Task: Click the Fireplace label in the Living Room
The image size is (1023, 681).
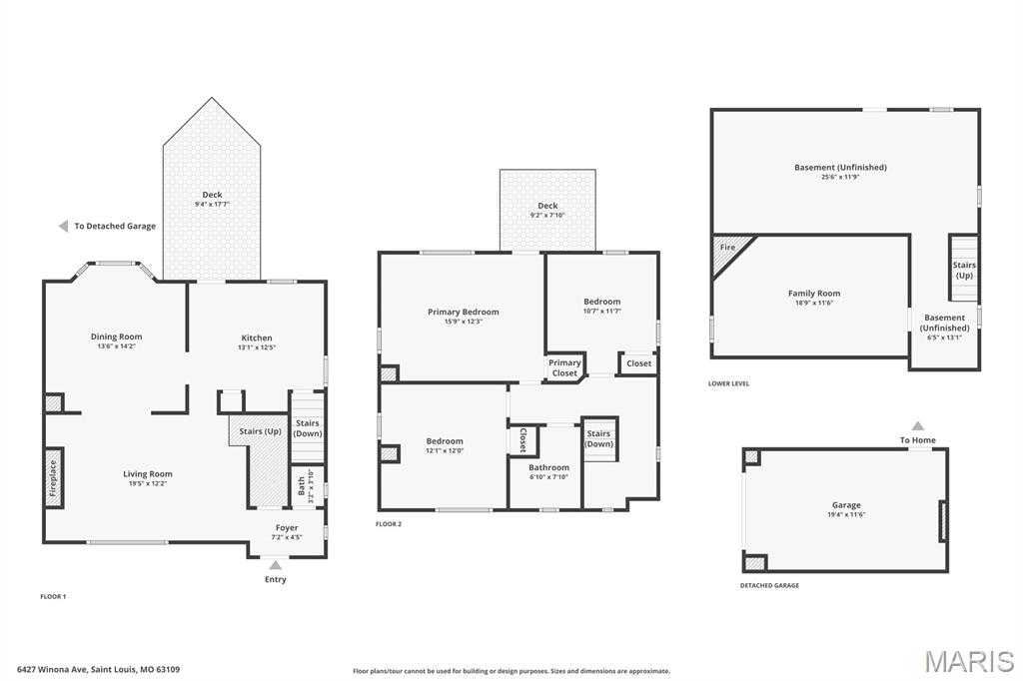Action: (x=54, y=478)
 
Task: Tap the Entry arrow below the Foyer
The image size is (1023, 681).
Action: (x=276, y=565)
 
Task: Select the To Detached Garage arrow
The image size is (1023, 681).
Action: (x=63, y=226)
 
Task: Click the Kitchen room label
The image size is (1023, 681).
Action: (x=257, y=338)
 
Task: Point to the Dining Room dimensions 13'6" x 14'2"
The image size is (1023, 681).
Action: (x=116, y=346)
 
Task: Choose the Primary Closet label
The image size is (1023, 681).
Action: (x=564, y=367)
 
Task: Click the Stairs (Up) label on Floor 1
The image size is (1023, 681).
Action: (x=261, y=431)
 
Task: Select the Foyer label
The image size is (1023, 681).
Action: (x=287, y=527)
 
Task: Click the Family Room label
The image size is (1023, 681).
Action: (x=814, y=294)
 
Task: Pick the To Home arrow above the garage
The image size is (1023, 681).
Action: (x=918, y=426)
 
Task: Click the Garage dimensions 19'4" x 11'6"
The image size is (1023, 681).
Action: (x=846, y=514)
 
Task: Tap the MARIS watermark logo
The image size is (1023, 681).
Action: (x=969, y=661)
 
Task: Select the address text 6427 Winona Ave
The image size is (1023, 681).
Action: (x=53, y=669)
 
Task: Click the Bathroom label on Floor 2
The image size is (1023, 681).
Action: (x=548, y=467)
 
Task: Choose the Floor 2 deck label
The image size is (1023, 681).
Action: (x=547, y=206)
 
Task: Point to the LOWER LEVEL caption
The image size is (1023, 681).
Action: (x=728, y=383)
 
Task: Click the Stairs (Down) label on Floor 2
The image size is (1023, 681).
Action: (x=599, y=439)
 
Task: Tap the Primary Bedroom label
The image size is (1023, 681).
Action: (x=464, y=312)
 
